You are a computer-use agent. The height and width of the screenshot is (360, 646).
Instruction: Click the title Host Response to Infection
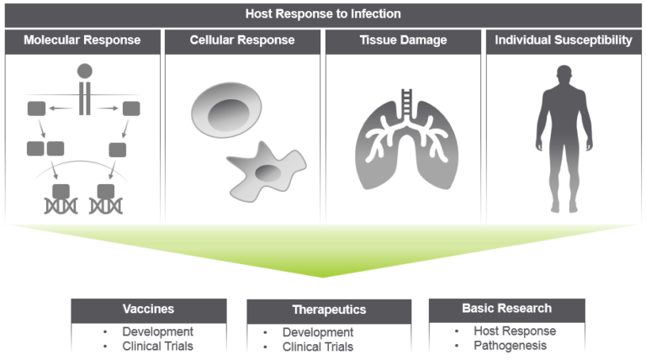tap(322, 13)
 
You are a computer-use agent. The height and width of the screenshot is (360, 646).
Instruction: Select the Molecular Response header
tap(82, 40)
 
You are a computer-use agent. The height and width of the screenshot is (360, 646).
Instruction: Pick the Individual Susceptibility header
tap(564, 40)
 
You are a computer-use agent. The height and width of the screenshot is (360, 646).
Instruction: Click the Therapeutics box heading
tap(328, 310)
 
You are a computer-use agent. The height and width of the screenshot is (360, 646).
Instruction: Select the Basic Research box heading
tap(506, 308)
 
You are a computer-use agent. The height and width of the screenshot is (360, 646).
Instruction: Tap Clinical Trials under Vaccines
tap(158, 345)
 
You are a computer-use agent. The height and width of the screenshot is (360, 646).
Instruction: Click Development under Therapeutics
tap(318, 332)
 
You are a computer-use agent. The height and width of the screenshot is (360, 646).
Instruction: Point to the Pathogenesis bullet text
tap(510, 345)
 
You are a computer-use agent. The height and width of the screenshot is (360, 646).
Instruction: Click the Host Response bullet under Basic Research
tap(515, 331)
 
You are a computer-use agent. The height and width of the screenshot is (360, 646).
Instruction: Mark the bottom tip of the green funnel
tap(323, 276)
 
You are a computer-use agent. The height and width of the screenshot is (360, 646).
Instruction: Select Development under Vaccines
tap(157, 331)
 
